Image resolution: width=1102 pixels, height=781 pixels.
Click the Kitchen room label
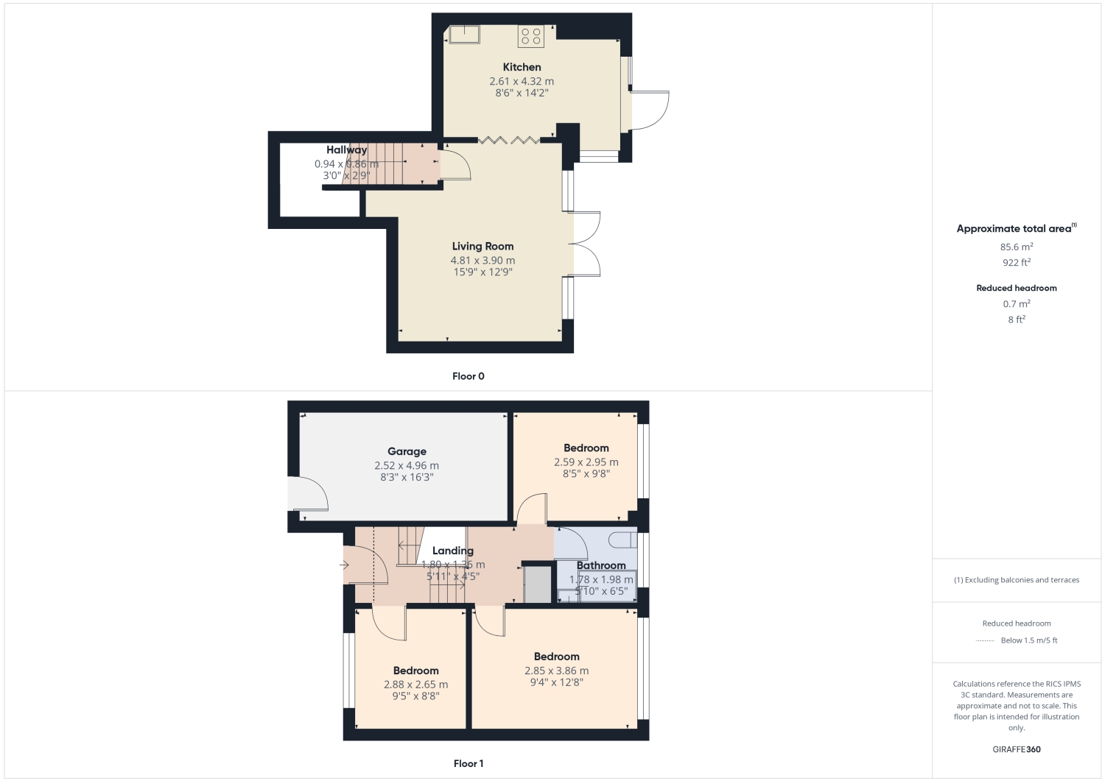tap(522, 67)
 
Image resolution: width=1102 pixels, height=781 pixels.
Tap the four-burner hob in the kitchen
tap(531, 36)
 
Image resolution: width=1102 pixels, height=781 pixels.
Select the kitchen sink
tap(465, 33)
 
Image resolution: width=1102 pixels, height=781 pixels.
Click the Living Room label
tap(482, 247)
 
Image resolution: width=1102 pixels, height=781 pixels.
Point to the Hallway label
tap(346, 150)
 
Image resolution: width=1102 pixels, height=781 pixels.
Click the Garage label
tap(407, 452)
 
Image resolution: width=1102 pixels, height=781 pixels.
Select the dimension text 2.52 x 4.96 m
tap(407, 466)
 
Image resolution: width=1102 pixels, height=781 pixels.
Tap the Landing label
tap(452, 551)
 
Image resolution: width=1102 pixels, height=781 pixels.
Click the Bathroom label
tap(601, 565)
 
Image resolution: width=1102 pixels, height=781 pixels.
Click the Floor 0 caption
tap(468, 376)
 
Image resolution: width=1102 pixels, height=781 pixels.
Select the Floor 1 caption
tap(468, 763)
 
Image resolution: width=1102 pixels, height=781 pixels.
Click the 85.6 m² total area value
tap(1017, 247)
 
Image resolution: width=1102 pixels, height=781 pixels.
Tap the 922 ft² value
tap(1017, 263)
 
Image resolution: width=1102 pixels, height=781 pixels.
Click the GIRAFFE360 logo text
tap(1017, 749)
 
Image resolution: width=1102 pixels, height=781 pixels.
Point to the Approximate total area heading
tap(1014, 229)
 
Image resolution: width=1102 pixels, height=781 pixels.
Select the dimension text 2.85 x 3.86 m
tap(556, 671)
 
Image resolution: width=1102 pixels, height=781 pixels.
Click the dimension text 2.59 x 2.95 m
tap(586, 462)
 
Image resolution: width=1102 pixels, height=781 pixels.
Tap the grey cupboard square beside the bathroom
tap(537, 584)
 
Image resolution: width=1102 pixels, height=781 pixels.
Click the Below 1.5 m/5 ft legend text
tap(1028, 640)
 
